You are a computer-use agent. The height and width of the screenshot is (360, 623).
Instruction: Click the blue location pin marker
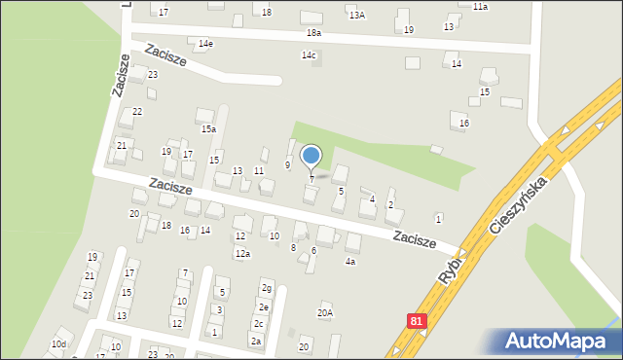tap(311, 156)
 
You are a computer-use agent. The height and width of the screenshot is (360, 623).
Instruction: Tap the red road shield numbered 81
tap(417, 319)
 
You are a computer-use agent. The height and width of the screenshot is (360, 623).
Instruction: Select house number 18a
tap(313, 32)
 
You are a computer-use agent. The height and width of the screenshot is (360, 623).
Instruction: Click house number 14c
tap(309, 55)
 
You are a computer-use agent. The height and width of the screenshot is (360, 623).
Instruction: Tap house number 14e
tap(205, 44)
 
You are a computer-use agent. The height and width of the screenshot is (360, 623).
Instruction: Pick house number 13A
tap(357, 16)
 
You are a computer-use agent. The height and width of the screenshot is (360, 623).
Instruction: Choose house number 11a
tap(480, 7)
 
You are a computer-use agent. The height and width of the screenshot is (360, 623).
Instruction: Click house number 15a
tap(208, 128)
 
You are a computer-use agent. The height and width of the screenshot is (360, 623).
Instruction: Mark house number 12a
tap(241, 254)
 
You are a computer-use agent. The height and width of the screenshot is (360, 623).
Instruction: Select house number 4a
tap(350, 261)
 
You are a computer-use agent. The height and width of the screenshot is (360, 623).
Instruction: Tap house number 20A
tap(325, 312)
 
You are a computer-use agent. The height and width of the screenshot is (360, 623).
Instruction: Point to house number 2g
tap(266, 288)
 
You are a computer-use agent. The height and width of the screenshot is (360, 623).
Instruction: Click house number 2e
tap(263, 306)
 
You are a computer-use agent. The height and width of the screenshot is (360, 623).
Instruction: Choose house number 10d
tap(59, 344)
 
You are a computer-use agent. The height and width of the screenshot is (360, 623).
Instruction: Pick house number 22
tap(137, 112)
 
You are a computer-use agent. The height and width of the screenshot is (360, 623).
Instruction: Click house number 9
tap(287, 165)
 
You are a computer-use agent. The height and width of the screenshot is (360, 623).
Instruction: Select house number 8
tap(293, 248)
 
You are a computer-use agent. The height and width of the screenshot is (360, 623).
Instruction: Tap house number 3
tap(219, 309)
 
